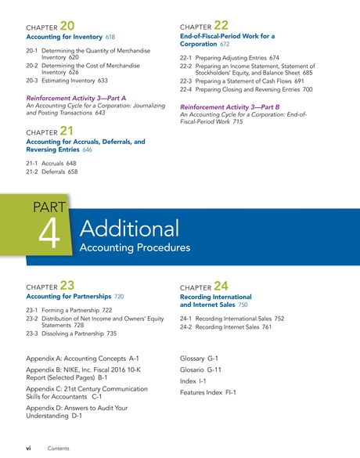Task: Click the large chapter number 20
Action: (x=68, y=27)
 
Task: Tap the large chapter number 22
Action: (x=221, y=27)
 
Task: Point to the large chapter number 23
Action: (x=68, y=287)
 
